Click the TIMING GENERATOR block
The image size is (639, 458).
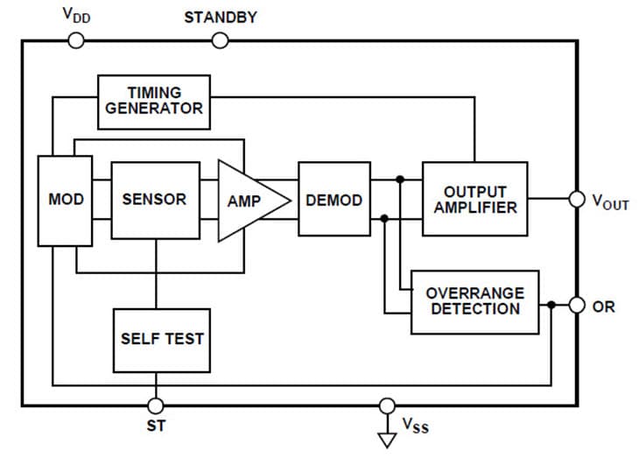pos(153,101)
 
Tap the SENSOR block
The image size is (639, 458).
pos(154,200)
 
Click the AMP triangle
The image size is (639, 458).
pos(248,200)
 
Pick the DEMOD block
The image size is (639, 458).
pos(334,200)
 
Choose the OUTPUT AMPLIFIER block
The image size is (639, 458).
pos(474,199)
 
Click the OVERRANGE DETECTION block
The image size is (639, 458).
pos(474,301)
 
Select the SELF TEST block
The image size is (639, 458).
pos(162,339)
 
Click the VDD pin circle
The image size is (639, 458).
pos(76,40)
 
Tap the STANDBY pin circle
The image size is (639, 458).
pos(221,40)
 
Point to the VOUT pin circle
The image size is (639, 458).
pos(577,200)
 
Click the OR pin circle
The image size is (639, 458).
pos(577,306)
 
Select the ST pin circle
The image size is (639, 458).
pos(156,405)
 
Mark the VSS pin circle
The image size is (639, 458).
pos(387,405)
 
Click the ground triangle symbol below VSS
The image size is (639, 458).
pos(387,437)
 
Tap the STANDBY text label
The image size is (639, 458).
pos(221,18)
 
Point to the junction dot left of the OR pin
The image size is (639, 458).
pos(551,306)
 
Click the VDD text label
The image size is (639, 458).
pos(77,15)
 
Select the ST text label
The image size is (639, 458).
pos(156,427)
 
